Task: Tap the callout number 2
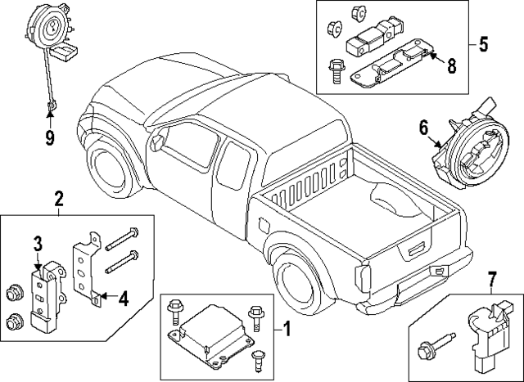tap(59, 198)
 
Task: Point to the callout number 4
tap(123, 299)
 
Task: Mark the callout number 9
tap(49, 137)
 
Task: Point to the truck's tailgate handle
tap(417, 245)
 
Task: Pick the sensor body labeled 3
tap(46, 290)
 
